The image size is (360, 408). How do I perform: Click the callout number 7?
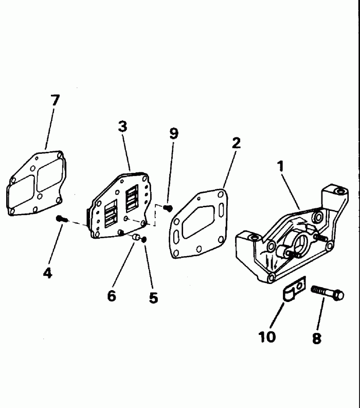[x=55, y=101]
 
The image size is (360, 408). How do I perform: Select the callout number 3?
[x=122, y=127]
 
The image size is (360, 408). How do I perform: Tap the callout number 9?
[x=174, y=134]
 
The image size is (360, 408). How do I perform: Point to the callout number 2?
[x=236, y=143]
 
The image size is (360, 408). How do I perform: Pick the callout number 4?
[x=47, y=273]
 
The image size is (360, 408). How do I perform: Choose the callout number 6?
[x=112, y=296]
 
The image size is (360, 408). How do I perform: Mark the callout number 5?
[x=153, y=298]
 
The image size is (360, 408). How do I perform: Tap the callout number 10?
[x=267, y=336]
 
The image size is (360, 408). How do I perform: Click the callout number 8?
[x=317, y=338]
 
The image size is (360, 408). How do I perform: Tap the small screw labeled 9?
[x=168, y=207]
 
